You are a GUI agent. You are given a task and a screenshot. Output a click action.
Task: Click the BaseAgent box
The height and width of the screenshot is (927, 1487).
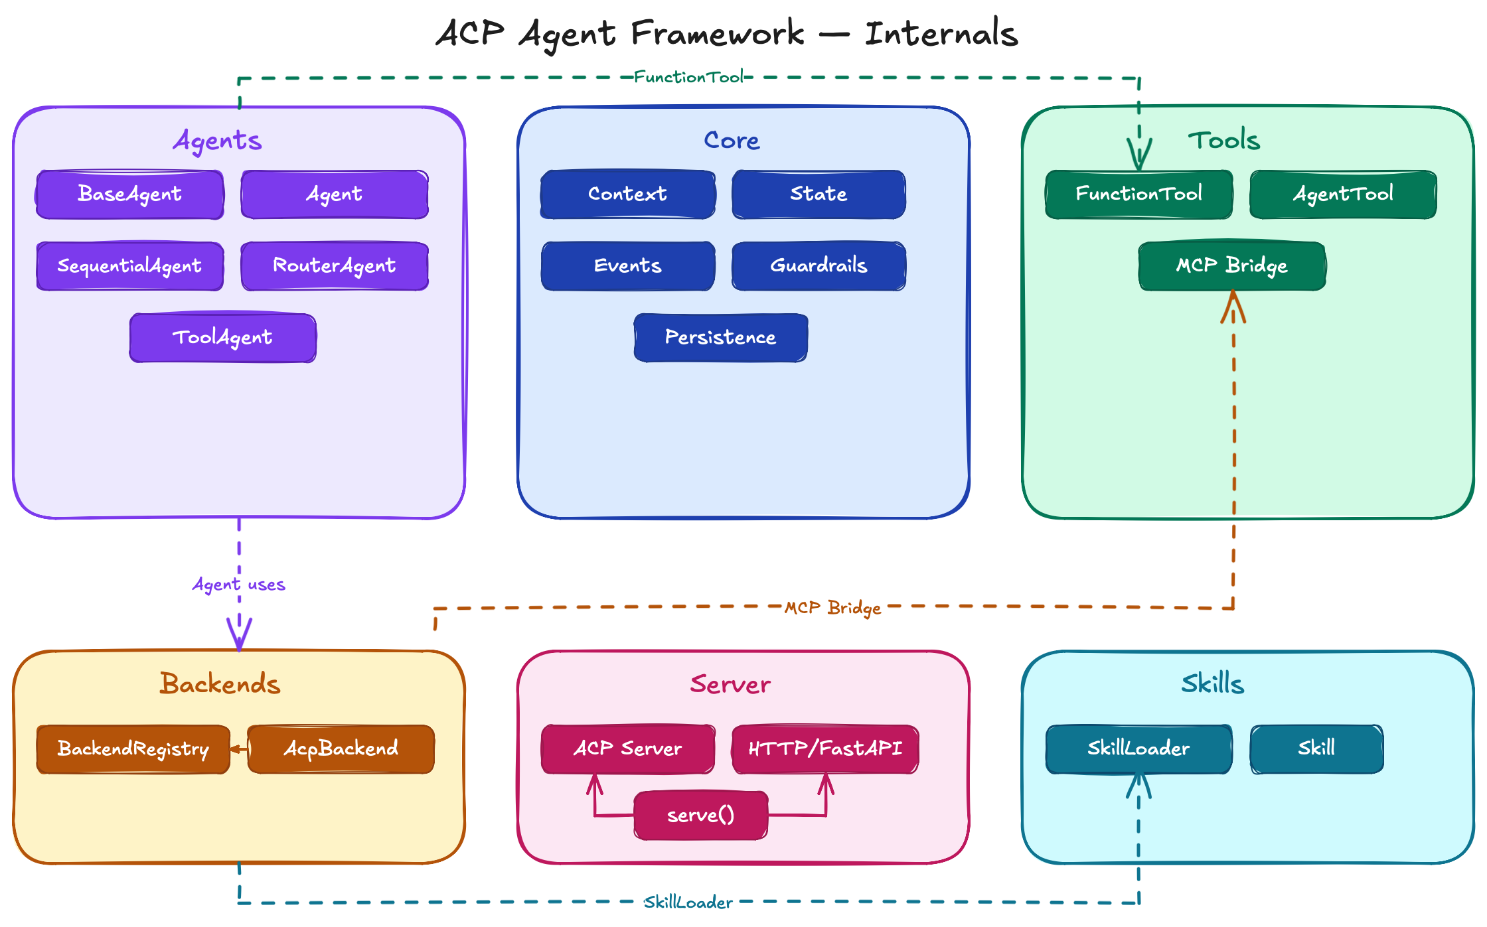tap(129, 194)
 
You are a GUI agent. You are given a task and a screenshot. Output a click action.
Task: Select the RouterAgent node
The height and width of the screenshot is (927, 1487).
tap(335, 266)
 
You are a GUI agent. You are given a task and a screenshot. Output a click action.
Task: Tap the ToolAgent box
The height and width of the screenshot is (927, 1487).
tap(222, 338)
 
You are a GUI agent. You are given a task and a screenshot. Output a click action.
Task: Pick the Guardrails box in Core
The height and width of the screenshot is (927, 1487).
tap(819, 266)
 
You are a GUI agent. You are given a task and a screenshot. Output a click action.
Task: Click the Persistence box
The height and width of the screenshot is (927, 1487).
tap(720, 338)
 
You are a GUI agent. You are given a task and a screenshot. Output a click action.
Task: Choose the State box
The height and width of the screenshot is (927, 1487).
tap(819, 194)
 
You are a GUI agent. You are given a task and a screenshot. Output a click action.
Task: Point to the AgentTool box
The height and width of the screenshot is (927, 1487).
tap(1343, 194)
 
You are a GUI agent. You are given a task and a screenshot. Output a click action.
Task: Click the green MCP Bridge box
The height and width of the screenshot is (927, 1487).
tap(1232, 266)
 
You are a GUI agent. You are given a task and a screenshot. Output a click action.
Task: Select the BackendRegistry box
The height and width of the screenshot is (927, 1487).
tap(133, 749)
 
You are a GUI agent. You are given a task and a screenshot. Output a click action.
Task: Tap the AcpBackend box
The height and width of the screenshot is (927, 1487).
tap(341, 749)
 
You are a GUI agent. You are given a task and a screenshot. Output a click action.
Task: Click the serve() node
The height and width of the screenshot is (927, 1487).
tap(701, 816)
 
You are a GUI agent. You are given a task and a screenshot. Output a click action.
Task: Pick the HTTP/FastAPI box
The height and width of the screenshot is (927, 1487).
tap(825, 749)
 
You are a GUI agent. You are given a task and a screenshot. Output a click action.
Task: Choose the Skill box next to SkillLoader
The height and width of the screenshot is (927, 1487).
tap(1316, 749)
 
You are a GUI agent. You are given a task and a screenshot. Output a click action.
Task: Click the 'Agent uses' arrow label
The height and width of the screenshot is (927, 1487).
tap(238, 585)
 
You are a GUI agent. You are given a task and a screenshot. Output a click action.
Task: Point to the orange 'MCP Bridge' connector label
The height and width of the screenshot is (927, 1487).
tap(832, 608)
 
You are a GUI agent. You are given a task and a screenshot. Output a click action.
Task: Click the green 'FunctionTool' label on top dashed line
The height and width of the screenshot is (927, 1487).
tap(688, 78)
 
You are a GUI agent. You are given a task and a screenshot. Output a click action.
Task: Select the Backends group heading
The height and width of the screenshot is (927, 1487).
tap(220, 684)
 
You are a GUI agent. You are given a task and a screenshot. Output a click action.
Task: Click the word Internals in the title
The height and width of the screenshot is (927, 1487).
tap(941, 34)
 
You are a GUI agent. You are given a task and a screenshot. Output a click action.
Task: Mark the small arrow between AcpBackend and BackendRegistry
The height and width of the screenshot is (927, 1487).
tap(238, 749)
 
